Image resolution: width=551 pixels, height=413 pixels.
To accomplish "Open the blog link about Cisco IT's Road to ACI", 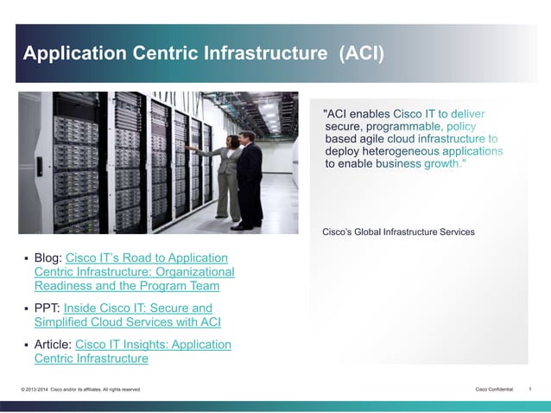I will tap(134, 271).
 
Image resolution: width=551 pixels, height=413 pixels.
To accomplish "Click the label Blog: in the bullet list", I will tap(48, 257).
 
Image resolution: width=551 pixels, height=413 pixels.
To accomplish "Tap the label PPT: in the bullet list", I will tap(47, 308).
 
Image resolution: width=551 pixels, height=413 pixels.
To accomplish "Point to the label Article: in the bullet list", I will tap(53, 344).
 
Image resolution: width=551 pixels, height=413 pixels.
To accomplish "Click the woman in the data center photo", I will tap(225, 173).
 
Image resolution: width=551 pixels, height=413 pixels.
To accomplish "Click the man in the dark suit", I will tap(250, 177).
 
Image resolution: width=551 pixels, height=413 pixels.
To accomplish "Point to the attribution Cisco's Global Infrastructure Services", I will tap(398, 232).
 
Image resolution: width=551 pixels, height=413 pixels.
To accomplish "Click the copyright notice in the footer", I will tap(80, 390).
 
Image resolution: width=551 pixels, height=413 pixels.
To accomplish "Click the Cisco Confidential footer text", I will tap(494, 390).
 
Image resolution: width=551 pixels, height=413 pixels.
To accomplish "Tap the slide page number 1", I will tap(529, 390).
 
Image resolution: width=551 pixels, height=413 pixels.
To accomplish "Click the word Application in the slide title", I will tap(75, 54).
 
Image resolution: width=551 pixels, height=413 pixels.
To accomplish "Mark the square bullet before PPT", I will tap(26, 308).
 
